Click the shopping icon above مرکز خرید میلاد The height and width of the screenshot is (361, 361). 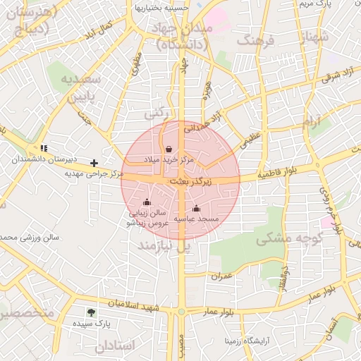(169, 149)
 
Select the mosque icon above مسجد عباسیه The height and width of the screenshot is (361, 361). (196, 208)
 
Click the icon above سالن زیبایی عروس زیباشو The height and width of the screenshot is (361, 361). (147, 202)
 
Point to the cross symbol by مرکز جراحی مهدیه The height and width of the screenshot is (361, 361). (94, 163)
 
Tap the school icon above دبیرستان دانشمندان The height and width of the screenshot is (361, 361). (44, 149)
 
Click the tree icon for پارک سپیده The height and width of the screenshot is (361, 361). (91, 312)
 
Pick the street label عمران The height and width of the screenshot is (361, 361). (221, 276)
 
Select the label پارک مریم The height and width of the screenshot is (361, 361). (314, 5)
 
